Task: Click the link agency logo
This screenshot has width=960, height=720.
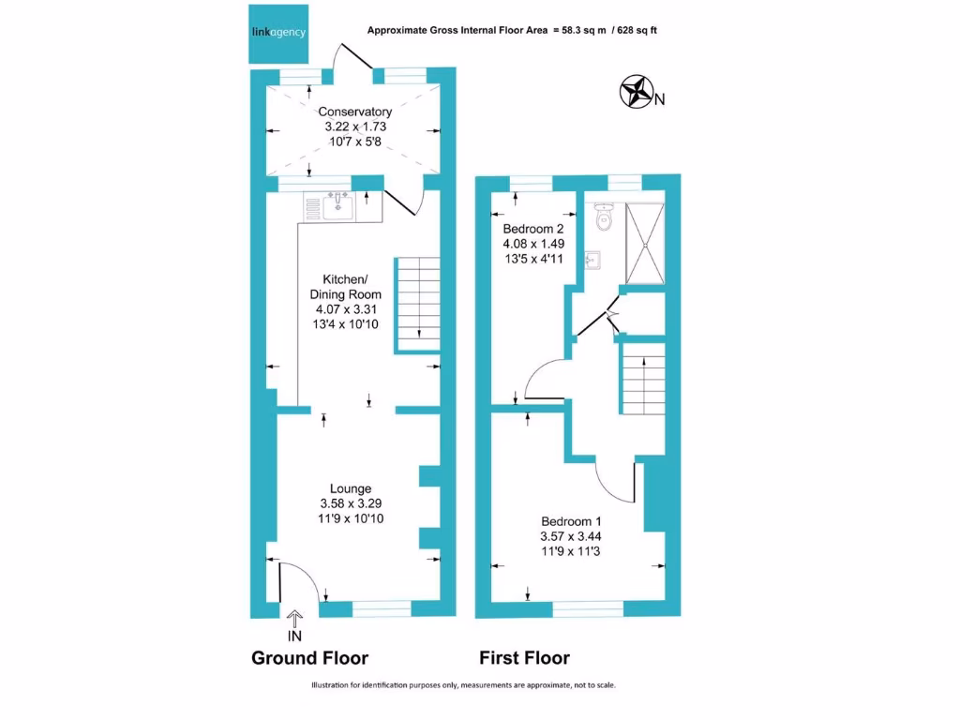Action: (277, 33)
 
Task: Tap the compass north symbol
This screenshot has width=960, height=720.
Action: (637, 92)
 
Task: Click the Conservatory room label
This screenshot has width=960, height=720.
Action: (354, 112)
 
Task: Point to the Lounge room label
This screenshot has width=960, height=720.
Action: (351, 488)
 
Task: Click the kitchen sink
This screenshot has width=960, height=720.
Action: (338, 206)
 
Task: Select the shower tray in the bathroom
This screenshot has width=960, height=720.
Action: (645, 242)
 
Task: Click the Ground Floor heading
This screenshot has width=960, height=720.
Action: (309, 658)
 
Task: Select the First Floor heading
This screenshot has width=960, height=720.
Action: (524, 658)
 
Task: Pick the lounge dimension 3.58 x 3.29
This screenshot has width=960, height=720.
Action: (351, 503)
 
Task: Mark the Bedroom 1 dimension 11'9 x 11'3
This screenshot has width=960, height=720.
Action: (571, 551)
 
